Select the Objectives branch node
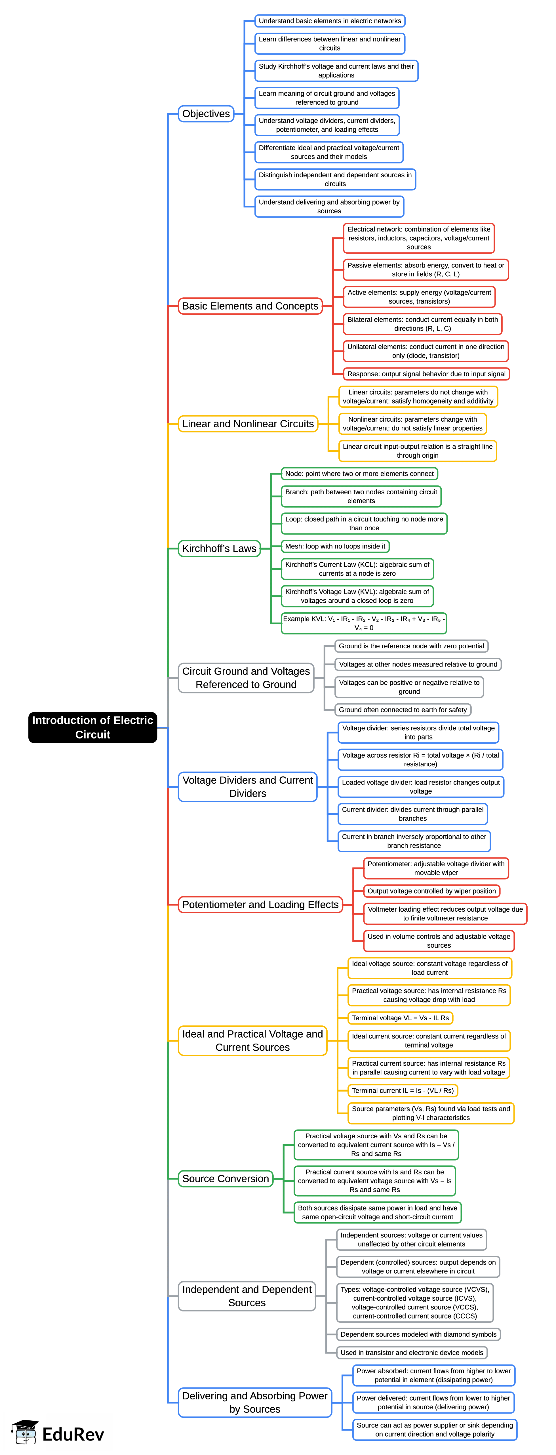pyautogui.click(x=206, y=113)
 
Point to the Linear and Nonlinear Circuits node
pyautogui.click(x=248, y=424)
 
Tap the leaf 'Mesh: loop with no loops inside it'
pyautogui.click(x=335, y=546)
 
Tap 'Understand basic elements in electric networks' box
pyautogui.click(x=330, y=21)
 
